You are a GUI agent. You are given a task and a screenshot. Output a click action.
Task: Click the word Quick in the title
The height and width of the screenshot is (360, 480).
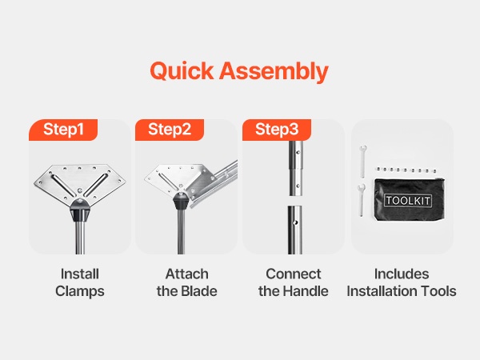pos(182,71)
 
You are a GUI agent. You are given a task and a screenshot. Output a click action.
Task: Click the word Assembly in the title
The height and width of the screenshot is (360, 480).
pos(274,72)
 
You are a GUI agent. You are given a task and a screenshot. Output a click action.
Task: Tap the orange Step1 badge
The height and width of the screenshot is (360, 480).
pos(63,130)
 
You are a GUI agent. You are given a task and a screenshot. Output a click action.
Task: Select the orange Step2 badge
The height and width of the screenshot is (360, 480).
pos(170,130)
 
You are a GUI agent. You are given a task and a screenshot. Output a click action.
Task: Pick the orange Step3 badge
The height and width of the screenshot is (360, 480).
pos(277,130)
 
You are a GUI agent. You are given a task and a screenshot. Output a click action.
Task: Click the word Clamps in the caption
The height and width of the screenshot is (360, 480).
pos(80,291)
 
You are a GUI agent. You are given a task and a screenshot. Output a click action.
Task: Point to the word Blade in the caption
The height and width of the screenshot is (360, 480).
pos(199,291)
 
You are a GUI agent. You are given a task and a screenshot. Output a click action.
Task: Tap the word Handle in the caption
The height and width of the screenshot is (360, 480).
pos(306,291)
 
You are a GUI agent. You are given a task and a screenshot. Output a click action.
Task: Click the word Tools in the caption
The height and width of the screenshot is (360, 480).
pos(439,291)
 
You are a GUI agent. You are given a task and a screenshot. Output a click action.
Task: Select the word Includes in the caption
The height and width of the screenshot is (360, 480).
pos(402,274)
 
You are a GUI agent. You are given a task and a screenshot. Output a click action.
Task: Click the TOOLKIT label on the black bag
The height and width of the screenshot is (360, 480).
pos(408,201)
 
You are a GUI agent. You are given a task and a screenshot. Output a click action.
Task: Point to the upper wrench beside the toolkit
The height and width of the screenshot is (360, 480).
pos(362,162)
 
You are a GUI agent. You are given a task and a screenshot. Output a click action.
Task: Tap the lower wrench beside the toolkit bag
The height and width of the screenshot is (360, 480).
pos(362,200)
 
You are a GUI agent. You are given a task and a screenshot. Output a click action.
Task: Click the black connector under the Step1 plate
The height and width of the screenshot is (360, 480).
pos(80,210)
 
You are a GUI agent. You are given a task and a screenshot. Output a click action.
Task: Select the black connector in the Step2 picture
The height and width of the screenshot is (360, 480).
pos(181,201)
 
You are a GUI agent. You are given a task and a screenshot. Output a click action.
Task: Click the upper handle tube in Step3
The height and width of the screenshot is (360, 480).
pos(296,168)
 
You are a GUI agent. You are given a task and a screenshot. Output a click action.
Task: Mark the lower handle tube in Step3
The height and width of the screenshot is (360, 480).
pos(294,230)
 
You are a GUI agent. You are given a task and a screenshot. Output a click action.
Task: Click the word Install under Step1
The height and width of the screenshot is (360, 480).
pos(80,274)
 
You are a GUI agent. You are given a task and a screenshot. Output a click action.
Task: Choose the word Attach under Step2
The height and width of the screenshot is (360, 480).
pos(187,274)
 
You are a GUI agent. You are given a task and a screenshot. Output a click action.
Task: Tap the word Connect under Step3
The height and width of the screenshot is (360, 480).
pos(294,274)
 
